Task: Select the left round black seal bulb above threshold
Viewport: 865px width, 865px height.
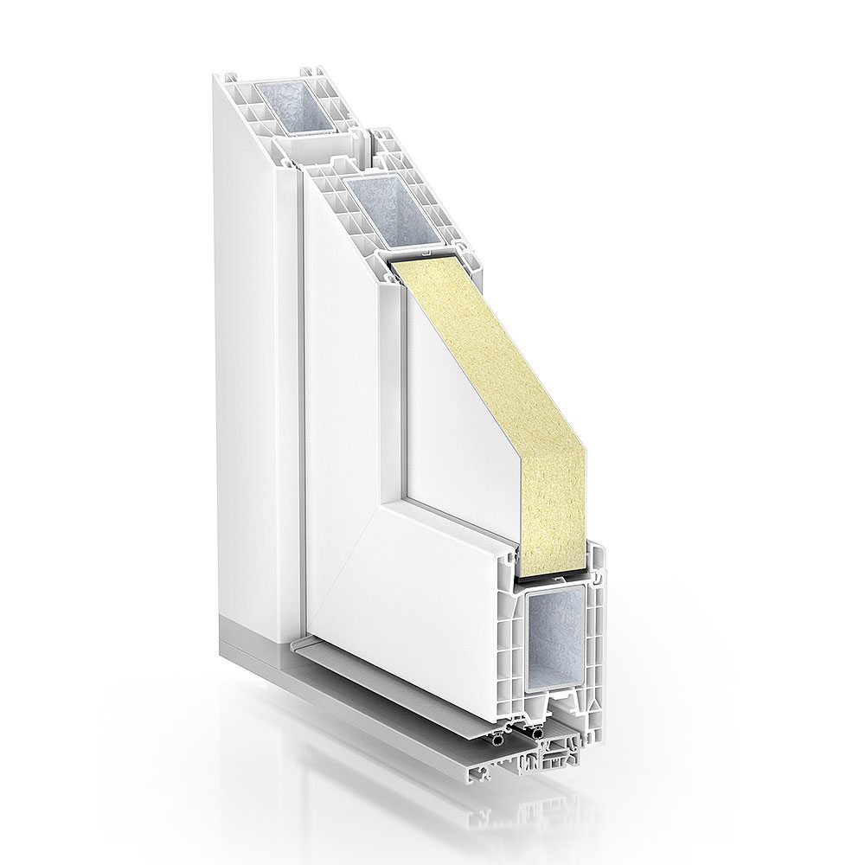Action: coord(499,740)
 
